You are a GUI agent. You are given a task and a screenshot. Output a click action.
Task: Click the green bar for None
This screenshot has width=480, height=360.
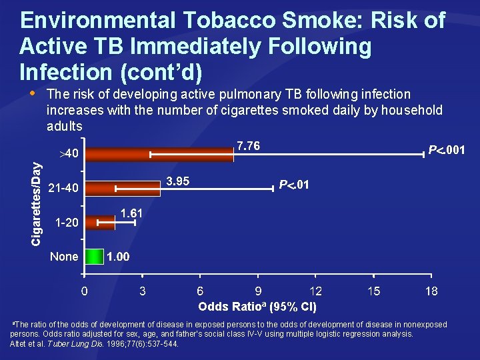(x=94, y=257)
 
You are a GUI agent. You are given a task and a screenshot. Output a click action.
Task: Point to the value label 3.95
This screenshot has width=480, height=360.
(x=177, y=181)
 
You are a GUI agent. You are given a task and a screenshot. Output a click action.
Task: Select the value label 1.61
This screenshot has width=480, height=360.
(x=131, y=213)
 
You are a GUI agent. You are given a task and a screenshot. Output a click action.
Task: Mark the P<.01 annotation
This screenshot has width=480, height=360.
(x=293, y=185)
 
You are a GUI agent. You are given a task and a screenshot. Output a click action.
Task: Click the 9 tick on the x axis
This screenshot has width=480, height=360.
(x=258, y=291)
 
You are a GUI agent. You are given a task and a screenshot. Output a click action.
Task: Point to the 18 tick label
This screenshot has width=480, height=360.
(x=431, y=291)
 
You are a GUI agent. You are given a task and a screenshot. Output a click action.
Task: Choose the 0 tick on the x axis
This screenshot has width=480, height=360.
(x=84, y=291)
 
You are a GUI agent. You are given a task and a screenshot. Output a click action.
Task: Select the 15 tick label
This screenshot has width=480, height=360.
(x=373, y=291)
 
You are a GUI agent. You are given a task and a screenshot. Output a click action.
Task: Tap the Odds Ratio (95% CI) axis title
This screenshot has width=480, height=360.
(x=257, y=307)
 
